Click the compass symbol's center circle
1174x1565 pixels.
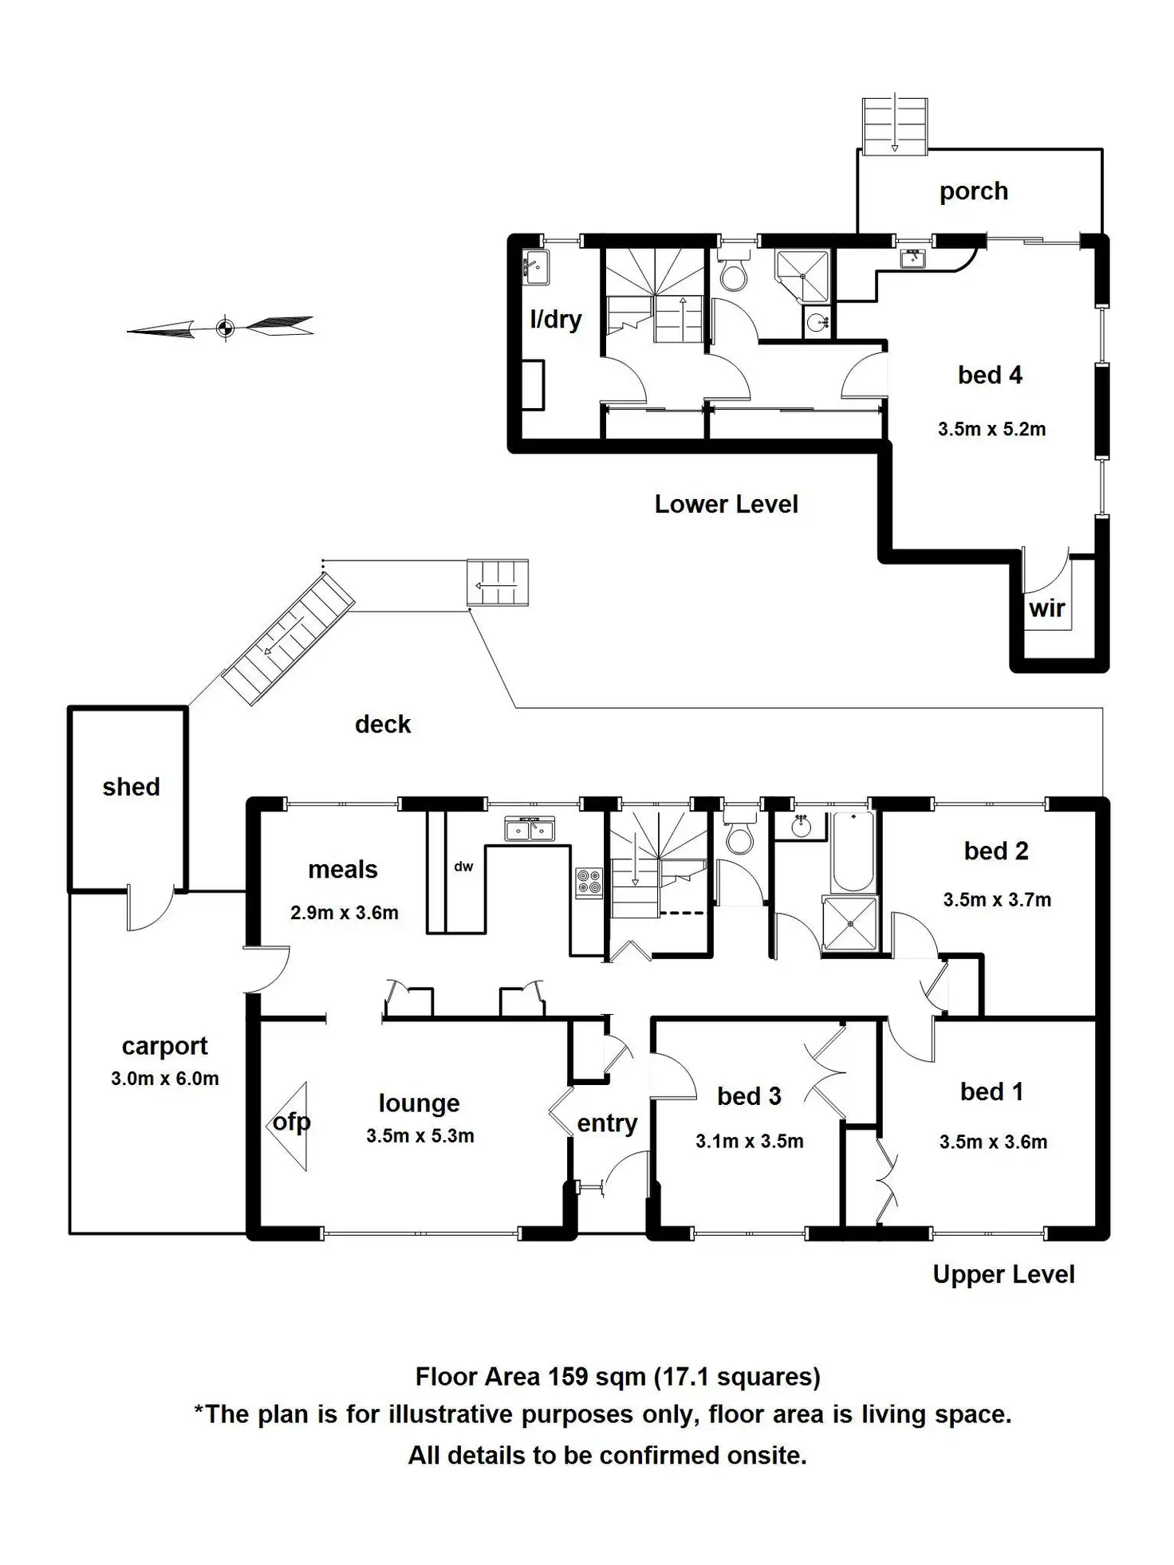[x=225, y=327]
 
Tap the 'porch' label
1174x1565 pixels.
[x=973, y=191]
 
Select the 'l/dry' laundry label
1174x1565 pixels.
[x=555, y=320]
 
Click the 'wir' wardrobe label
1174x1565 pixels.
[x=1046, y=608]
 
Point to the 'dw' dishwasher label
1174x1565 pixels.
[x=463, y=867]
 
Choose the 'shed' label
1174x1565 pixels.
[x=131, y=787]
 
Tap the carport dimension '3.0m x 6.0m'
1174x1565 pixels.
[x=164, y=1079]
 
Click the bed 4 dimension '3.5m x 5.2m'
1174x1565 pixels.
[x=991, y=429]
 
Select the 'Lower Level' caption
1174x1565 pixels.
[x=726, y=504]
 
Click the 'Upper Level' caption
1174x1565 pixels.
[x=1003, y=1274]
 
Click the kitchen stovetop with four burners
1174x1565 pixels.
[x=589, y=882]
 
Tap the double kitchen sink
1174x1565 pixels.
[x=530, y=829]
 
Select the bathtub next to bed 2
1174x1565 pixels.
[x=853, y=851]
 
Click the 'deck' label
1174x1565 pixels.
[x=383, y=724]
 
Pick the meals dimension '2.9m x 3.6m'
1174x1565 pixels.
[x=344, y=913]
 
